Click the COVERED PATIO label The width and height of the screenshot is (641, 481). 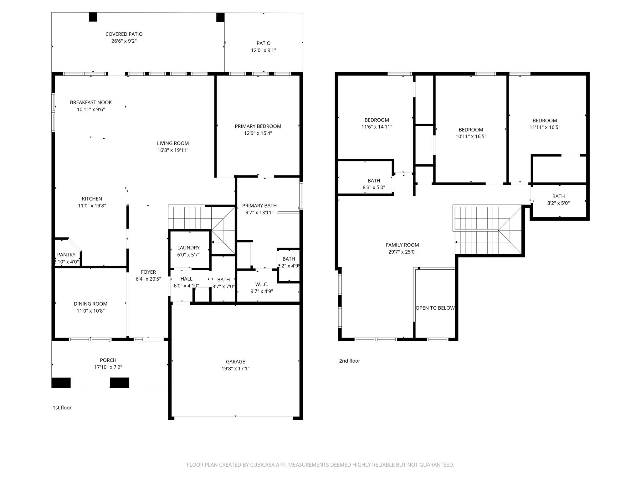tap(124, 34)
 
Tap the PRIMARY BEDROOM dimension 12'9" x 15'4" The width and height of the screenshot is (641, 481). tap(258, 133)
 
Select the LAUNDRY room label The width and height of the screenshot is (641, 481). tap(188, 248)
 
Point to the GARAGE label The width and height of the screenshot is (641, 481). tap(235, 362)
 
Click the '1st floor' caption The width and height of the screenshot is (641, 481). tap(62, 408)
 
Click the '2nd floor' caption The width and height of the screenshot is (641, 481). tap(350, 361)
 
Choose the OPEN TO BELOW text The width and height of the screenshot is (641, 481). tap(435, 308)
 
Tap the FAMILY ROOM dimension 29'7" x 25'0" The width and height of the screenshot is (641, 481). tap(402, 252)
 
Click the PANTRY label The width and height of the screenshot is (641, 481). tap(66, 255)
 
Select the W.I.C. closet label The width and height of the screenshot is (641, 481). tap(262, 284)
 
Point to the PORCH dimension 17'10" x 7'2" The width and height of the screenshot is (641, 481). tap(108, 367)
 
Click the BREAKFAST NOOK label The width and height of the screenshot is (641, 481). tap(91, 102)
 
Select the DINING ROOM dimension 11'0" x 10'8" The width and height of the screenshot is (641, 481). tap(90, 311)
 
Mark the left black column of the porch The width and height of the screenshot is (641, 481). tap(61, 383)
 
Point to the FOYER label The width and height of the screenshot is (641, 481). tap(148, 272)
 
